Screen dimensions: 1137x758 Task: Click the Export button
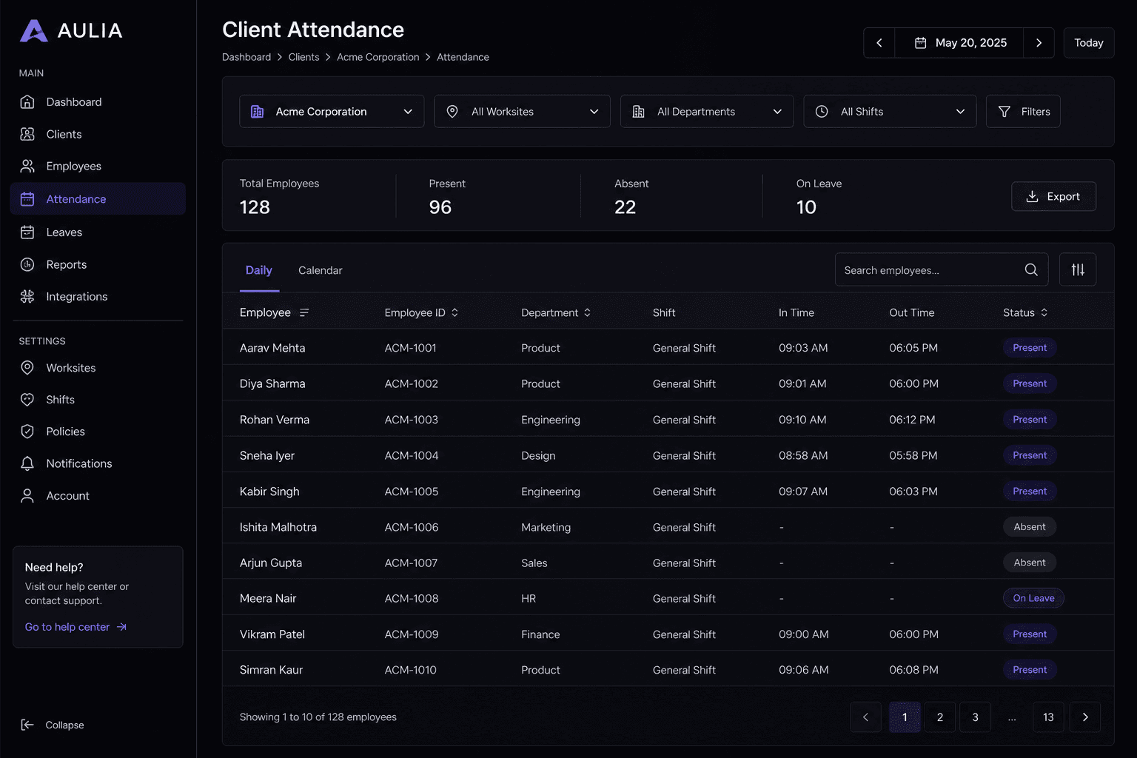coord(1053,196)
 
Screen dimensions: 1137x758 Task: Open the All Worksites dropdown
coord(522,112)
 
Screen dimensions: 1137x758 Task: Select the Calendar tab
coord(321,270)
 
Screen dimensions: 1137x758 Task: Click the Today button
coord(1089,43)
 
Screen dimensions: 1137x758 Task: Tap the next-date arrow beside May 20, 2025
coord(1039,43)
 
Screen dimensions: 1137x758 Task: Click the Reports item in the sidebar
coord(66,264)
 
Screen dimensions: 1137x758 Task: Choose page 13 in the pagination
coord(1048,717)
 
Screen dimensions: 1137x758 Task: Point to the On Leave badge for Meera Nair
coord(1033,598)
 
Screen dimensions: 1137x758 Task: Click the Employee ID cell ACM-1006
coord(411,527)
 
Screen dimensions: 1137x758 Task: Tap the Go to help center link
coord(76,627)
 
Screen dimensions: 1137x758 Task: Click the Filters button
coord(1023,112)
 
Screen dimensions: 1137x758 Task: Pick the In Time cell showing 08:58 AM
coord(803,455)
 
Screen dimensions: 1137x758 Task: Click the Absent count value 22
coord(625,207)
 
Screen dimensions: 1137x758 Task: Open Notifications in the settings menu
coord(78,463)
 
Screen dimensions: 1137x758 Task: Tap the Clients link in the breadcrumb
coord(303,57)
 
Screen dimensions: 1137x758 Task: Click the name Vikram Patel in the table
coord(272,634)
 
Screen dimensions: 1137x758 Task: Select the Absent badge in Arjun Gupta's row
coord(1030,563)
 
